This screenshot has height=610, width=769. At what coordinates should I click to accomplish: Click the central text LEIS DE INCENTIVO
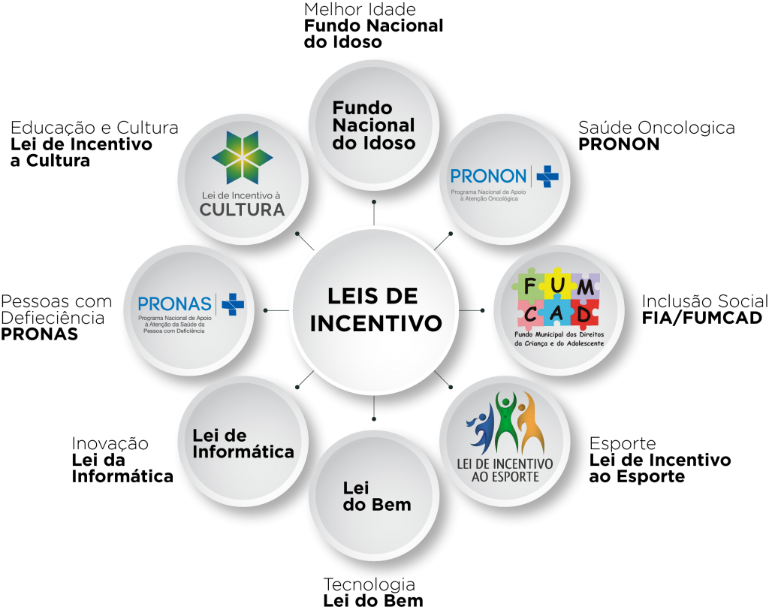click(x=375, y=309)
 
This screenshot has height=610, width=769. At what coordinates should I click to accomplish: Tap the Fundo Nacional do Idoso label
click(x=373, y=125)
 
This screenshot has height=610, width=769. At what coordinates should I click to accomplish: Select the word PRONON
click(x=488, y=177)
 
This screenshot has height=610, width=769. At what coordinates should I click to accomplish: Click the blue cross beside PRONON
click(x=547, y=177)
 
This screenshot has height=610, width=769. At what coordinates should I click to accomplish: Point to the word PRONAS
click(x=175, y=303)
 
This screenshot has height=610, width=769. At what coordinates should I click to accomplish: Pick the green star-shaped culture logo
click(x=242, y=157)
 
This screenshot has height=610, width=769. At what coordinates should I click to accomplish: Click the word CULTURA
click(x=242, y=210)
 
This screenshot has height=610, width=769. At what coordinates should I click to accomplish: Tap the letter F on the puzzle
click(x=530, y=286)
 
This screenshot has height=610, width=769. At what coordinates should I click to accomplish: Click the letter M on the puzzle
click(x=587, y=286)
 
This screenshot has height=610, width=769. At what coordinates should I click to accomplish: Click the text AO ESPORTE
click(x=505, y=477)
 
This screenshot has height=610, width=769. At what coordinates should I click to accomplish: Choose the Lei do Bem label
click(x=376, y=497)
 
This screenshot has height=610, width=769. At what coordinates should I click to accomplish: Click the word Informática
click(x=243, y=452)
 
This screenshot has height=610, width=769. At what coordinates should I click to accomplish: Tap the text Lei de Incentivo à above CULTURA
click(x=242, y=195)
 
